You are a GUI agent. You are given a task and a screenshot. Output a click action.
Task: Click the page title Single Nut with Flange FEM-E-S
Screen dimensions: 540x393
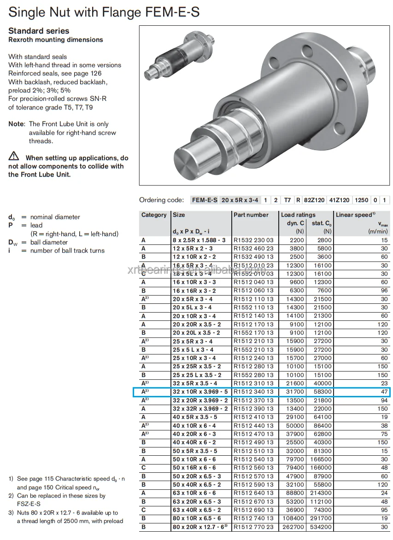coord(104,12)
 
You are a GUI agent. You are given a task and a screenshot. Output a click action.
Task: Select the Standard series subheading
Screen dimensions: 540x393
coord(39,31)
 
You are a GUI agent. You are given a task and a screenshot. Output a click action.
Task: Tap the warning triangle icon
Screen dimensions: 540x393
coord(13,157)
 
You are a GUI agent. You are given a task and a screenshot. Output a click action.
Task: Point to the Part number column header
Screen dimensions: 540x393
coord(251,215)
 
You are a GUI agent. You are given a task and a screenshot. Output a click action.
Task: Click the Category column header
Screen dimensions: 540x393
coord(154,215)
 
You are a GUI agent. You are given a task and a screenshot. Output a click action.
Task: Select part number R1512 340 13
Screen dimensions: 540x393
coord(253,392)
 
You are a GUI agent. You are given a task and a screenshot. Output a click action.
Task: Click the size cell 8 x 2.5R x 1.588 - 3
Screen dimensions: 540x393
coord(199,240)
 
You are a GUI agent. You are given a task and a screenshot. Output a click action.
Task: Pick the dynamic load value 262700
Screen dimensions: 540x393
coord(293,527)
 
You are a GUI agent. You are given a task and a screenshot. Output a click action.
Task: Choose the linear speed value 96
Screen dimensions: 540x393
coord(384,290)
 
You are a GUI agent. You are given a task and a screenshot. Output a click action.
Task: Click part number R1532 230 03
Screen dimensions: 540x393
coord(253,240)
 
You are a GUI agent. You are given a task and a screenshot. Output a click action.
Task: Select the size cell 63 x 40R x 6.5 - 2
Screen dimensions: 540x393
coord(196,510)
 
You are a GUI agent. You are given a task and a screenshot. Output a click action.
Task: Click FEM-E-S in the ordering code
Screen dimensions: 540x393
coord(205,200)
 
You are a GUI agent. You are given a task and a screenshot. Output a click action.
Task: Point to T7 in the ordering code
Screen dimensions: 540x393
coord(287,200)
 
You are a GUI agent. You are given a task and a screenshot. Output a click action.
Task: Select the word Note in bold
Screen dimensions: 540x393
coord(16,124)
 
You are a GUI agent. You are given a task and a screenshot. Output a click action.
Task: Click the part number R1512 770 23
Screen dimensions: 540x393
coord(253,527)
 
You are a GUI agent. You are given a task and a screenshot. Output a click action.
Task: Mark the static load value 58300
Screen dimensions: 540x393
coord(321,392)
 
